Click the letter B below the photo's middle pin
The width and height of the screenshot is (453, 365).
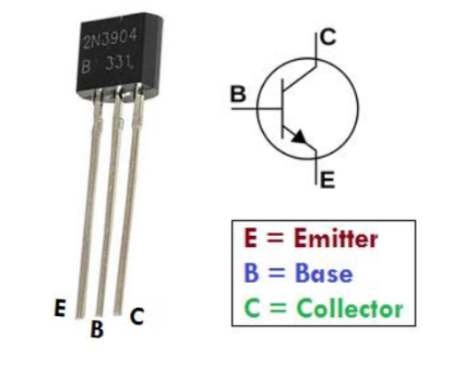[x=96, y=330]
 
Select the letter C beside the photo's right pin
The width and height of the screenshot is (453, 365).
[x=137, y=316]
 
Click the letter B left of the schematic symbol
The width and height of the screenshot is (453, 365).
[x=238, y=94]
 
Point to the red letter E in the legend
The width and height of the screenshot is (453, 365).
[x=250, y=240]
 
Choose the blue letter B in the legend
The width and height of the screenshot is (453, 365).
[x=250, y=274]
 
